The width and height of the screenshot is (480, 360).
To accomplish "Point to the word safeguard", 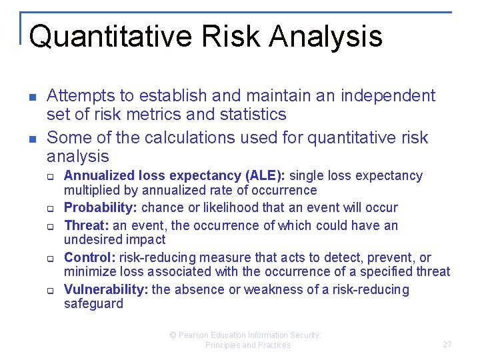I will [x=93, y=304].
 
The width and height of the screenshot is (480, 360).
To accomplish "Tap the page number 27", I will [x=447, y=345].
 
